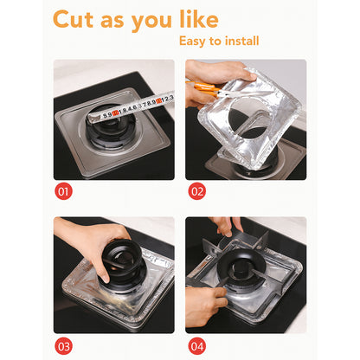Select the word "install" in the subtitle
(x=240, y=41)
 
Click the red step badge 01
(x=63, y=190)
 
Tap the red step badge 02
(x=196, y=190)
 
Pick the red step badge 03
(x=63, y=346)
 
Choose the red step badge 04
(x=196, y=346)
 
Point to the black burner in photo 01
(x=107, y=138)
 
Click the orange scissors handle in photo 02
(x=205, y=87)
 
